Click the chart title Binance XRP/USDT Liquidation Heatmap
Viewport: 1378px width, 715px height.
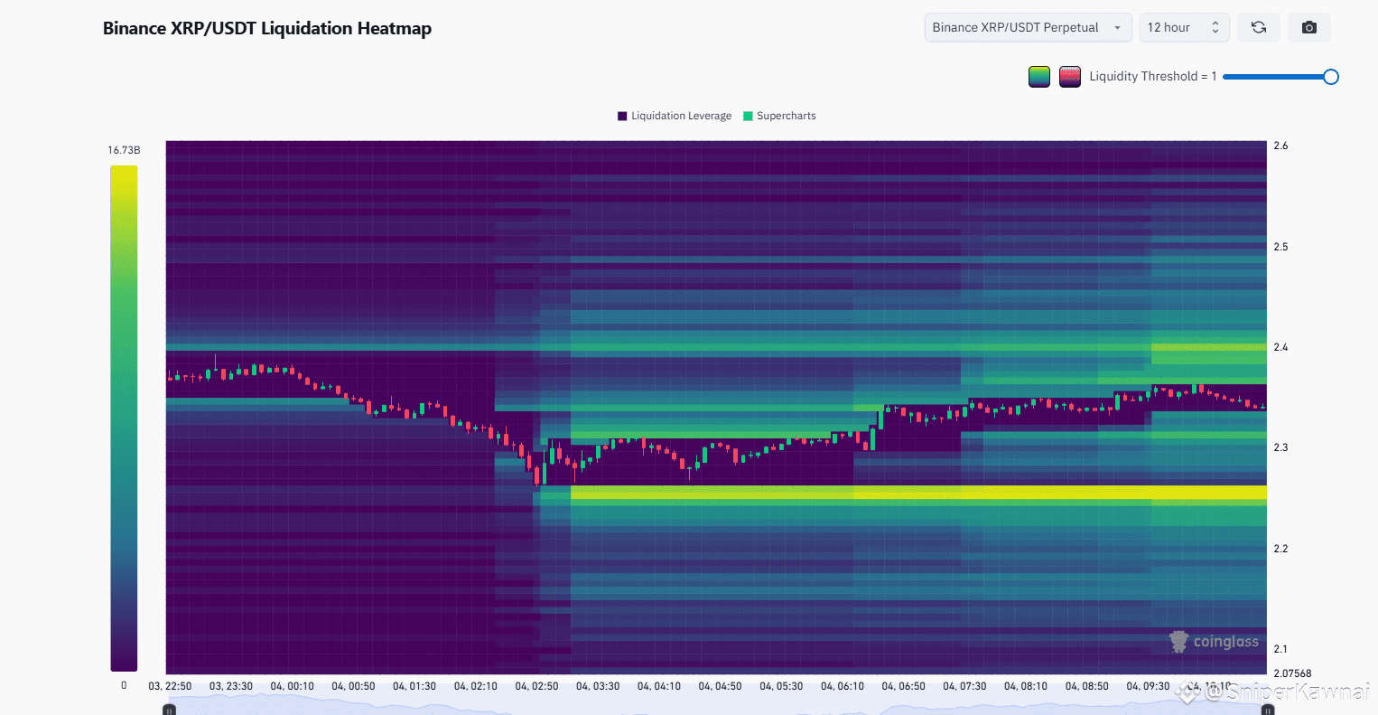(267, 28)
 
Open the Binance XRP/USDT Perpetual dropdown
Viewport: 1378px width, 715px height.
(1027, 27)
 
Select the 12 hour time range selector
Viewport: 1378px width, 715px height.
(1183, 27)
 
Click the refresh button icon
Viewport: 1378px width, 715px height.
(1258, 27)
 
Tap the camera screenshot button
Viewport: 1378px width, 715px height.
(1308, 27)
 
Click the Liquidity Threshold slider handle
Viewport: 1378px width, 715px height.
(1330, 77)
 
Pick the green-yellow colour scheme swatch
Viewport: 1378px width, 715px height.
(1039, 77)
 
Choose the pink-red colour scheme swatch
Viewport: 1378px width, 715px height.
(1070, 77)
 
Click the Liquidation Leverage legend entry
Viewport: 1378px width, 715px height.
(675, 116)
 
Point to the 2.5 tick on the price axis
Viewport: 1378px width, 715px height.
(1280, 247)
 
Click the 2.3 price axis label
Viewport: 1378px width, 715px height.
(1280, 447)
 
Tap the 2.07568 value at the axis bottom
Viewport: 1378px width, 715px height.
(1292, 673)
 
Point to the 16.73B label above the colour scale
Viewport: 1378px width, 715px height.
(124, 150)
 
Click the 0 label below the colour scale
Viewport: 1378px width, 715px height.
(124, 685)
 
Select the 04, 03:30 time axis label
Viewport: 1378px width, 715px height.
(598, 686)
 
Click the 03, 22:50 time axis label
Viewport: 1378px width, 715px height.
(170, 686)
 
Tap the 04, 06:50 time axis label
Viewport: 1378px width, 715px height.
(903, 686)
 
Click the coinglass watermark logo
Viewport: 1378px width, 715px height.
(1214, 642)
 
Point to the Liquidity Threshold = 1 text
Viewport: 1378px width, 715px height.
(1152, 77)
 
